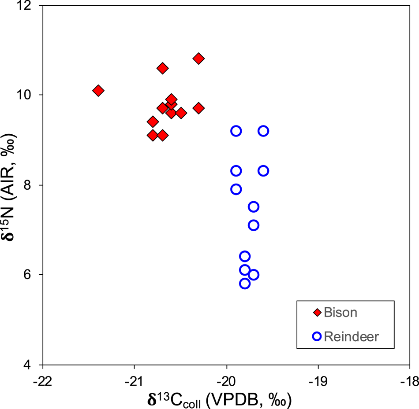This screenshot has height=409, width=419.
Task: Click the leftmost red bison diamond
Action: point(98,90)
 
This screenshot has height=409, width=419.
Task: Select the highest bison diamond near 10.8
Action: point(198,59)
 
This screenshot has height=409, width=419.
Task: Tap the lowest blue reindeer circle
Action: point(245,284)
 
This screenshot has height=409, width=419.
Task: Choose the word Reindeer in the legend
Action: point(351,337)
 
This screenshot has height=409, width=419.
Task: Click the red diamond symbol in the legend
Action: point(317,313)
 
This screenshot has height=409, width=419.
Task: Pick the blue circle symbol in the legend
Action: point(317,337)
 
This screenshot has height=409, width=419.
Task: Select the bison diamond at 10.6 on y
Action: point(162,68)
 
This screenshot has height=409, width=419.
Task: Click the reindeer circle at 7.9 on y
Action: point(236,189)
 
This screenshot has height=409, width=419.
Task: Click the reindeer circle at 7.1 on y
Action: point(254,225)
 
